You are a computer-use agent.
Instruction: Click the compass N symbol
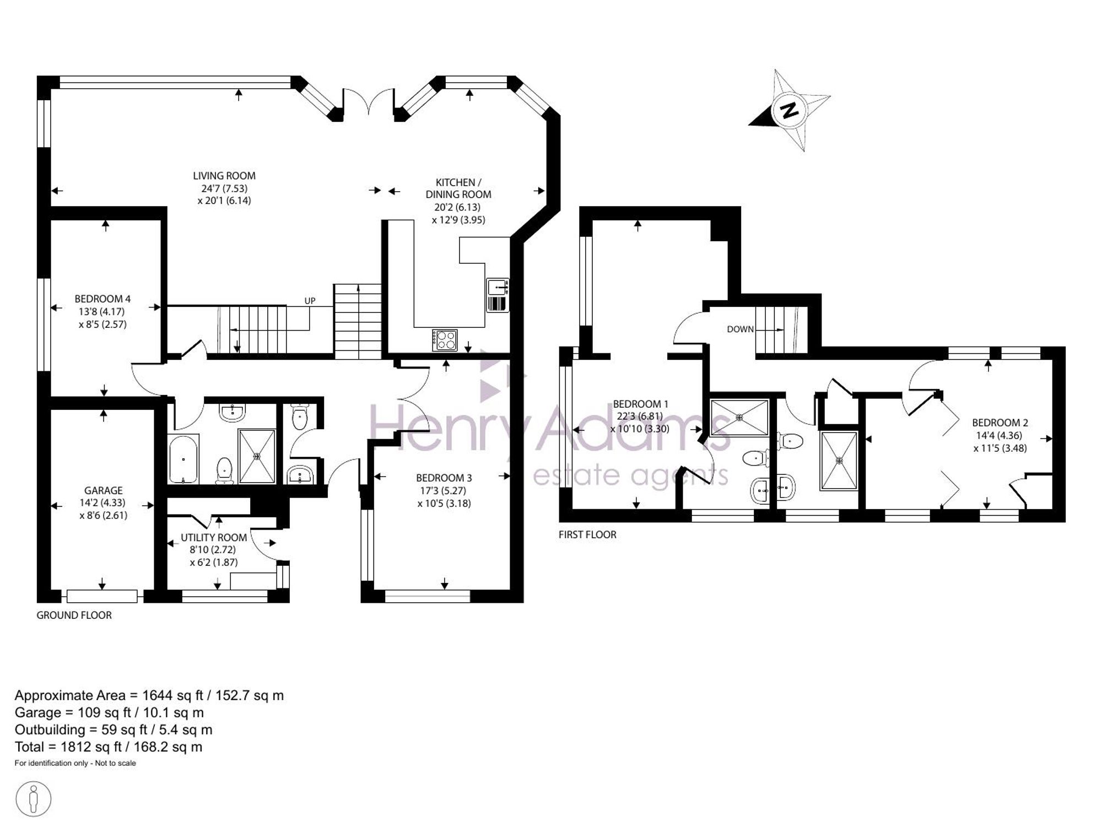[x=790, y=110]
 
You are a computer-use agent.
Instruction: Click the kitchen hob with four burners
[x=445, y=339]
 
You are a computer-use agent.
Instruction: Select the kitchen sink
[x=498, y=295]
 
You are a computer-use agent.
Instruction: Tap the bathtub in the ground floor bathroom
[x=182, y=459]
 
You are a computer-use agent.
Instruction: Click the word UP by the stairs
[x=310, y=301]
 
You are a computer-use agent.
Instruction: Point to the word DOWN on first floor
[x=740, y=329]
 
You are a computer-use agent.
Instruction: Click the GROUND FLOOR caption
[x=74, y=615]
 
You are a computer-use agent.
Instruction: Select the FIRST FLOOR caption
[x=587, y=534]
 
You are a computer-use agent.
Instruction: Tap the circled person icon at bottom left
[x=34, y=798]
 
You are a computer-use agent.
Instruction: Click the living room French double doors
[x=368, y=102]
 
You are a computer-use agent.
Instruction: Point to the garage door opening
[x=102, y=595]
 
